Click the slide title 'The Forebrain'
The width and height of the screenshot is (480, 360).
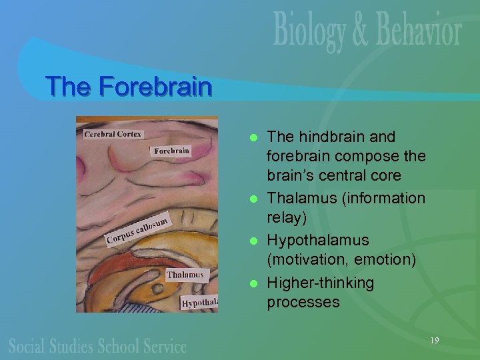coord(128,87)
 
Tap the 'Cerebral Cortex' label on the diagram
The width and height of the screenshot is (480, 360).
coord(113,134)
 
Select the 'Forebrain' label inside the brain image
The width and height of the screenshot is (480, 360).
coord(171,151)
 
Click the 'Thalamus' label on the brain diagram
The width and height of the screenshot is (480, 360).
coord(185,275)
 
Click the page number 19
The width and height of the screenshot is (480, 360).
coord(435,341)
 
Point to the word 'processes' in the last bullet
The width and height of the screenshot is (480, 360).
coord(303,302)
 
